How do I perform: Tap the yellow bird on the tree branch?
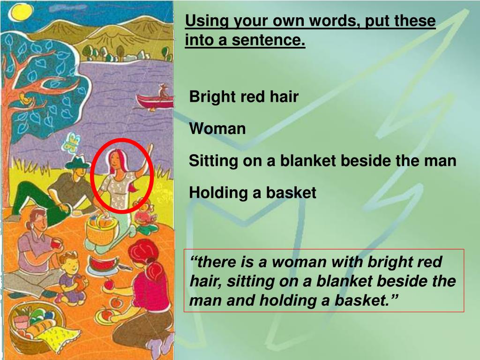[x=26, y=98]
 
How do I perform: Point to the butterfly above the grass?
[x=72, y=142]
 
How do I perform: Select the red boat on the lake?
[x=155, y=100]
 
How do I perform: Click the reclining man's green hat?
[x=77, y=163]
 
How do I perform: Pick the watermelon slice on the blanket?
[x=103, y=263]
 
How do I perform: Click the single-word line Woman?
[x=217, y=128]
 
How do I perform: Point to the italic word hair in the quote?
[x=204, y=281]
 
